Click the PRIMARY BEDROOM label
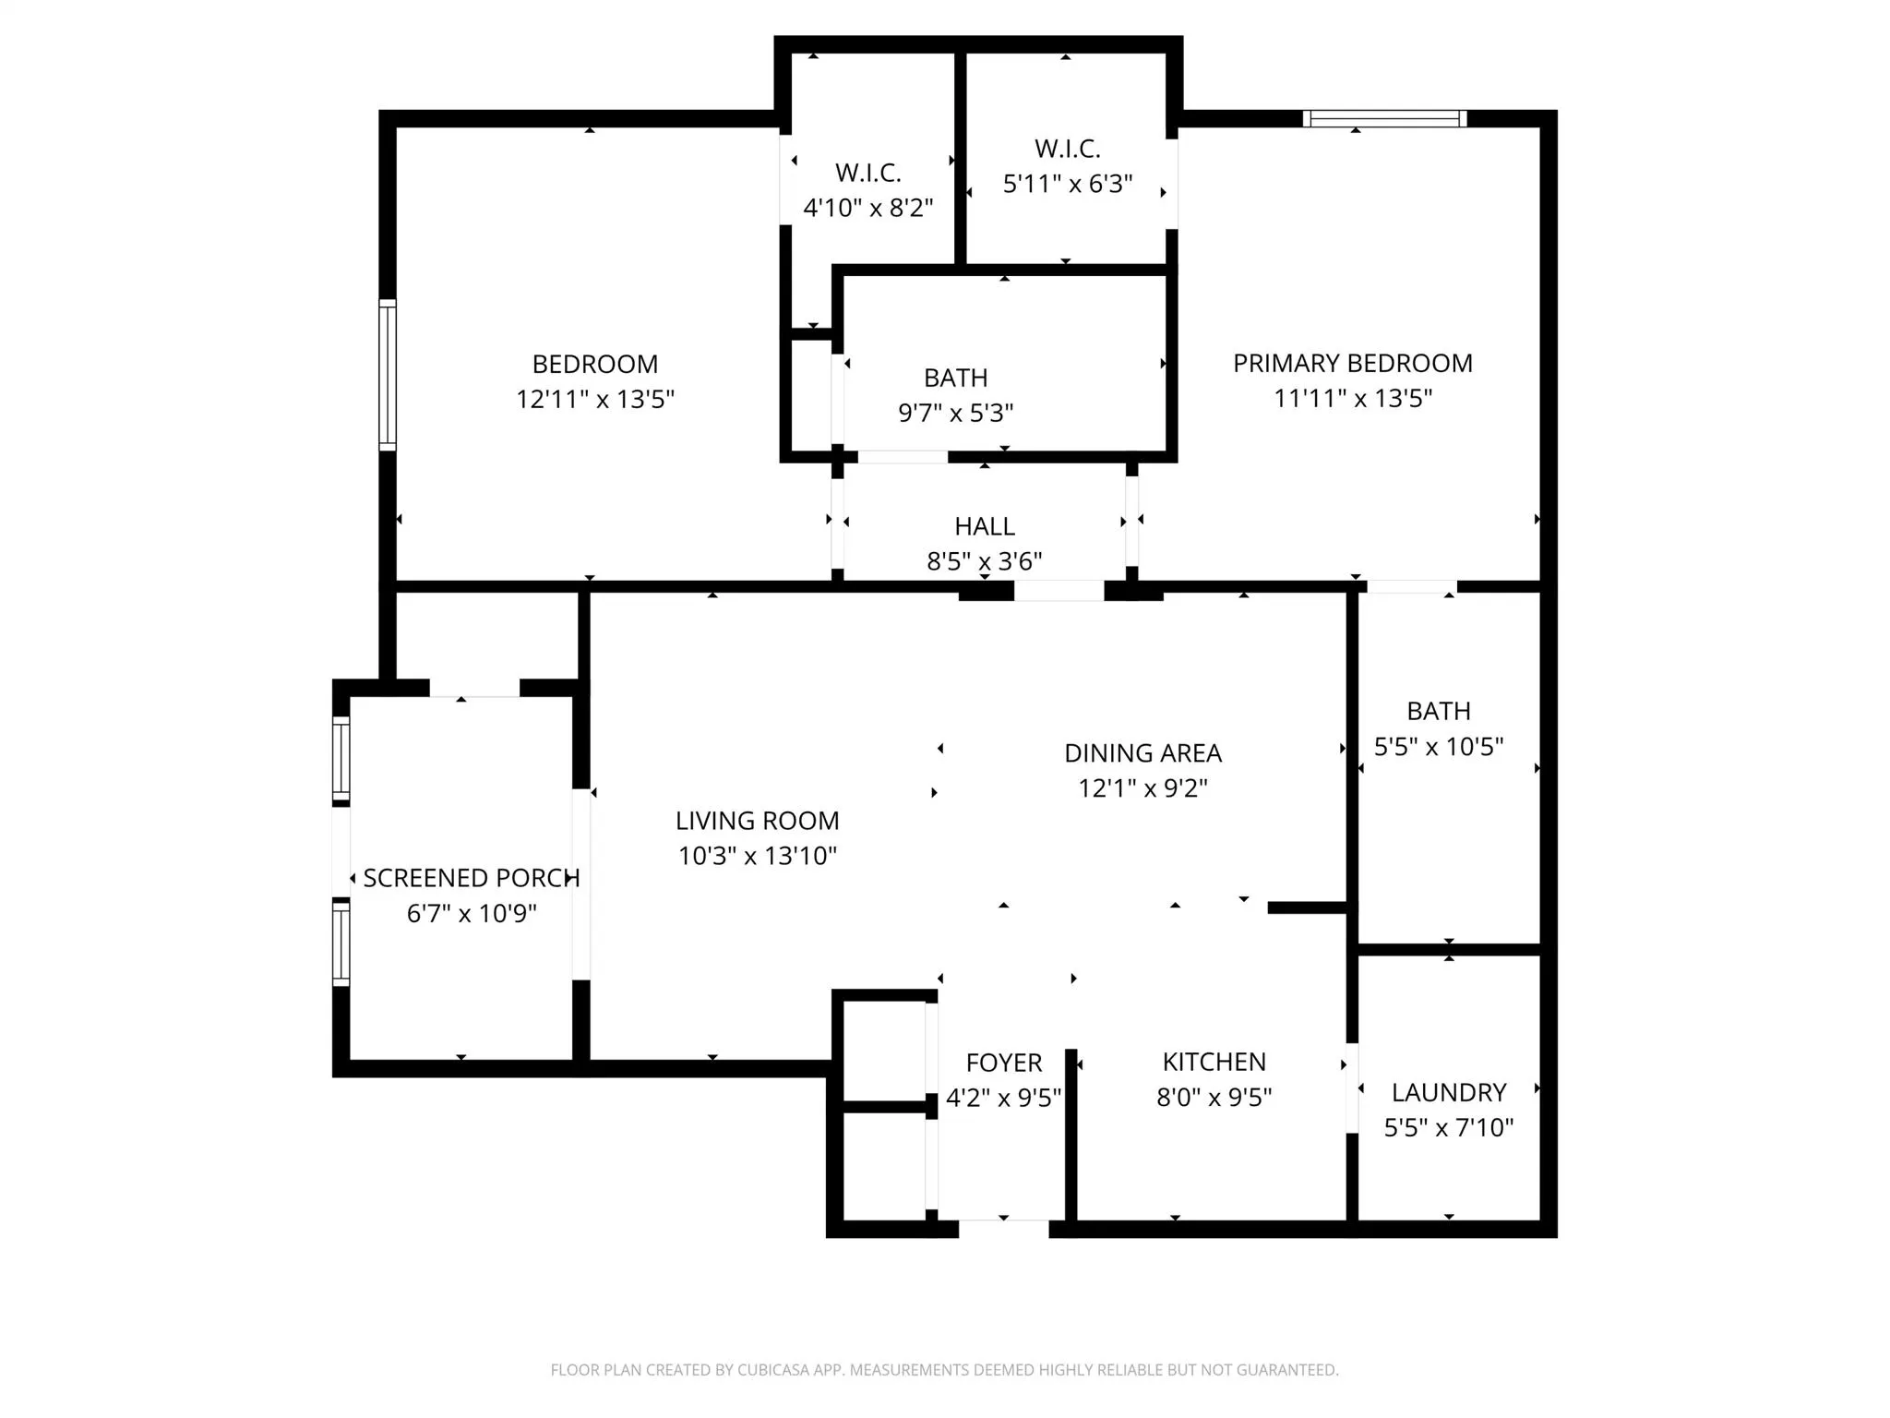[x=1352, y=363]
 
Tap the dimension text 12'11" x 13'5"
[x=595, y=399]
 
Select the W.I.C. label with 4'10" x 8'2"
[x=867, y=173]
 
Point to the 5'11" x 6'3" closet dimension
[x=1068, y=184]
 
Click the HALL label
[x=985, y=526]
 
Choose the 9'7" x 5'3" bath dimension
[x=956, y=413]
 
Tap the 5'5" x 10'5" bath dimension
[x=1439, y=746]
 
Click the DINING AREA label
[x=1142, y=753]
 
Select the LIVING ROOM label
[x=757, y=821]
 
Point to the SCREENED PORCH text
[x=471, y=878]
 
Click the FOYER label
[x=1004, y=1063]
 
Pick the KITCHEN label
[x=1214, y=1062]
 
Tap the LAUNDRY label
[x=1448, y=1092]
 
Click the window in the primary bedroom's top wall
[x=1384, y=118]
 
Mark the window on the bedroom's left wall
[x=388, y=375]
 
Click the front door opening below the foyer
[x=1004, y=1228]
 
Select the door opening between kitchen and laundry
[x=1352, y=1088]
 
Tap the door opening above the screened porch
[x=474, y=689]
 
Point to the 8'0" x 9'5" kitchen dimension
[x=1214, y=1097]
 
